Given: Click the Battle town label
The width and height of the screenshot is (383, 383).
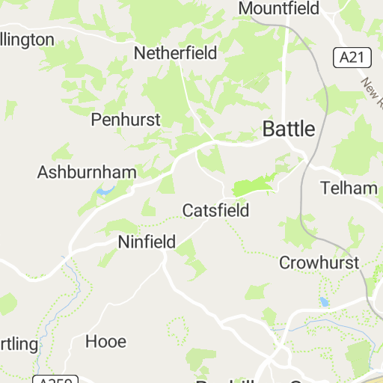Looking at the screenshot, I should tap(289, 129).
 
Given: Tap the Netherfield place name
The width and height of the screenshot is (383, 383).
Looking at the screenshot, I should tap(175, 53).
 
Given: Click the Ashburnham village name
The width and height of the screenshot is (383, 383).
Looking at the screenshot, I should tap(87, 172).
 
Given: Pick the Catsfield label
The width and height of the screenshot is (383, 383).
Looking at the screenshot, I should tap(215, 210).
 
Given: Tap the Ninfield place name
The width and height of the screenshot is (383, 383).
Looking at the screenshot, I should tap(147, 242).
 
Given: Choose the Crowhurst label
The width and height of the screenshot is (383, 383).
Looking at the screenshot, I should tap(319, 263).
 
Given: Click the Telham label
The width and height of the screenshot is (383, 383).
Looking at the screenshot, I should tap(349, 188).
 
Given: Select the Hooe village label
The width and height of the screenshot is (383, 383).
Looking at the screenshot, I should tap(105, 341).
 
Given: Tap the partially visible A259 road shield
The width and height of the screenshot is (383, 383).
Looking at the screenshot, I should tap(53, 379).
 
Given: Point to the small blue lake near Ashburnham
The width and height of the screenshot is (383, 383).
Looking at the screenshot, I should tap(104, 191).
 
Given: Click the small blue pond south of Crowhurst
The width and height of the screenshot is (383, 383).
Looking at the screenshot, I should tap(323, 302).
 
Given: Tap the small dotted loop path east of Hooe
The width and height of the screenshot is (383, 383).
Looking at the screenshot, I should tap(177, 328).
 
